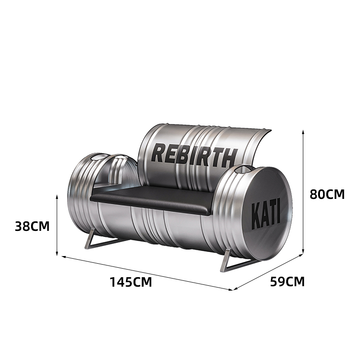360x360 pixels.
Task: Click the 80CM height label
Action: click(x=327, y=194)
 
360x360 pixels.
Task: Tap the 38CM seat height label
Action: click(x=32, y=226)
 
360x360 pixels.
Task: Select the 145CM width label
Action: click(x=131, y=282)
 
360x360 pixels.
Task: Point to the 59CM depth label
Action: click(x=287, y=281)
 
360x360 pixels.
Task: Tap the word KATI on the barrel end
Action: click(x=266, y=216)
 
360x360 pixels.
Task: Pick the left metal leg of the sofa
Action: click(x=104, y=240)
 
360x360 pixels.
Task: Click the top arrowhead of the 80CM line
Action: click(x=303, y=132)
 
